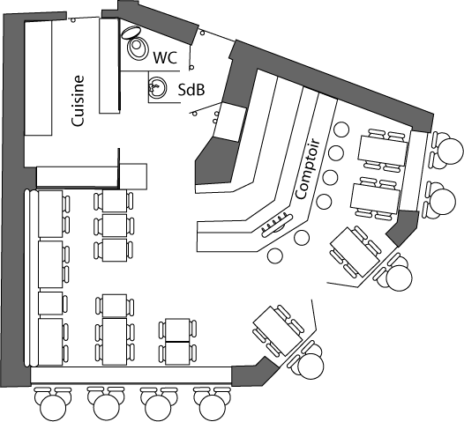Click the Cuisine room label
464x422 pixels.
click(79, 101)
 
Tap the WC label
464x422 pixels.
click(165, 57)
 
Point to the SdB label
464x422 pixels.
click(191, 90)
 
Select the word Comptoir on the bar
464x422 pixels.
click(308, 169)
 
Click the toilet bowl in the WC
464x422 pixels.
click(138, 47)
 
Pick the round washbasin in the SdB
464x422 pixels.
click(157, 87)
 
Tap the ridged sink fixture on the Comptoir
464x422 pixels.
click(277, 225)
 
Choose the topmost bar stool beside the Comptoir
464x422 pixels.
click(341, 130)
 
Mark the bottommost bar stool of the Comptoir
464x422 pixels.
click(275, 255)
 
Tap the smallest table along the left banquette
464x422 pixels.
click(50, 303)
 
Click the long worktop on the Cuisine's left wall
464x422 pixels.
click(38, 78)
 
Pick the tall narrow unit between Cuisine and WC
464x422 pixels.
click(109, 65)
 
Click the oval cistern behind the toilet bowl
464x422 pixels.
click(131, 32)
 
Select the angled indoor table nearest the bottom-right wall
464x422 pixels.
click(278, 330)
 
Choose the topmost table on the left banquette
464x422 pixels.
click(50, 214)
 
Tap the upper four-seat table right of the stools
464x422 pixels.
click(383, 150)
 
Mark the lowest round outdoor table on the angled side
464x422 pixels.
click(311, 366)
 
